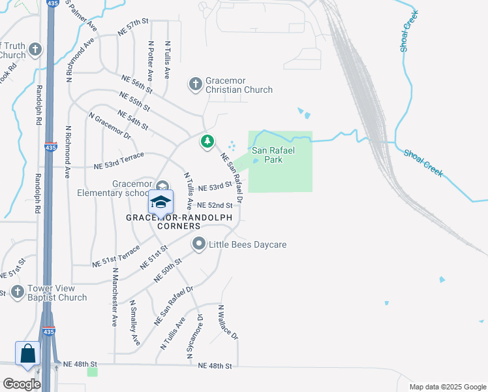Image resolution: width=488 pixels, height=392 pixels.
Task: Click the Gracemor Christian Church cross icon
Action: (x=195, y=84)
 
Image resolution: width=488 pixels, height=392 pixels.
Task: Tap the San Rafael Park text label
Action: (x=273, y=155)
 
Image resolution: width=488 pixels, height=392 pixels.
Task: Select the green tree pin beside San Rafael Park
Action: (x=207, y=141)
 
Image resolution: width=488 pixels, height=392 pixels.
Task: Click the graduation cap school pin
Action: (x=161, y=202)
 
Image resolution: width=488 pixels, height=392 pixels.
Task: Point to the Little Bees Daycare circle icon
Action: (x=199, y=244)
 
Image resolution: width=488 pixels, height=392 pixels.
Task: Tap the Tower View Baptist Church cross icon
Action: (x=18, y=293)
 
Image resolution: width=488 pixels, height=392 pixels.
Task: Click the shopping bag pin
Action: (x=28, y=355)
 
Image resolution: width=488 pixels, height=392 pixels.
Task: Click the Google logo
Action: (x=22, y=384)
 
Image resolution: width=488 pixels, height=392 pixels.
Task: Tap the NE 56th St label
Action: (x=136, y=83)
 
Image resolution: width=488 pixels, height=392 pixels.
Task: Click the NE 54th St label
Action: (x=133, y=120)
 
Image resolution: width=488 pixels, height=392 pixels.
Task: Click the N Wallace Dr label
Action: (x=228, y=322)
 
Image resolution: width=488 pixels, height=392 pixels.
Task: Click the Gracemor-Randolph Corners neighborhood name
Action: (x=163, y=221)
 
